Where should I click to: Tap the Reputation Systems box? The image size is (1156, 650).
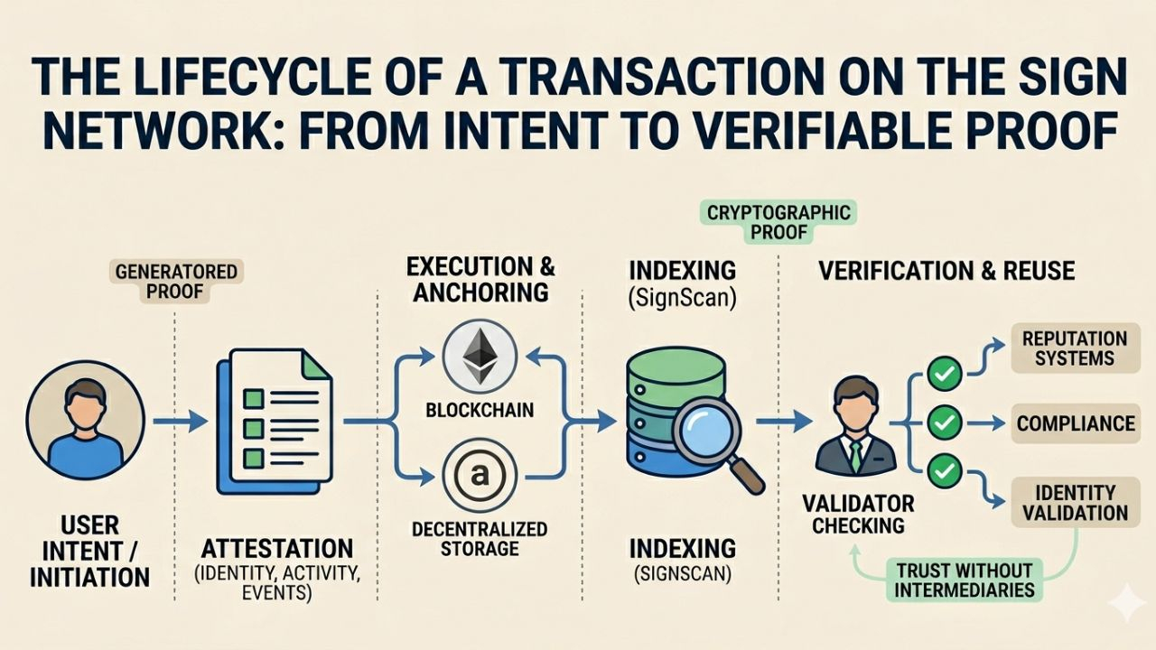(x=1074, y=348)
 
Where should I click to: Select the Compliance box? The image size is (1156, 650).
(x=1074, y=423)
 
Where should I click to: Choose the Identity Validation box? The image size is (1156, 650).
(x=1074, y=503)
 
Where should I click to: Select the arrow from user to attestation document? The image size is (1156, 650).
(x=180, y=421)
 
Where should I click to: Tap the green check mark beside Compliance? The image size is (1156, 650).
(x=945, y=422)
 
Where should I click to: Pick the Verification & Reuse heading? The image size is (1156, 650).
(x=946, y=272)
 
